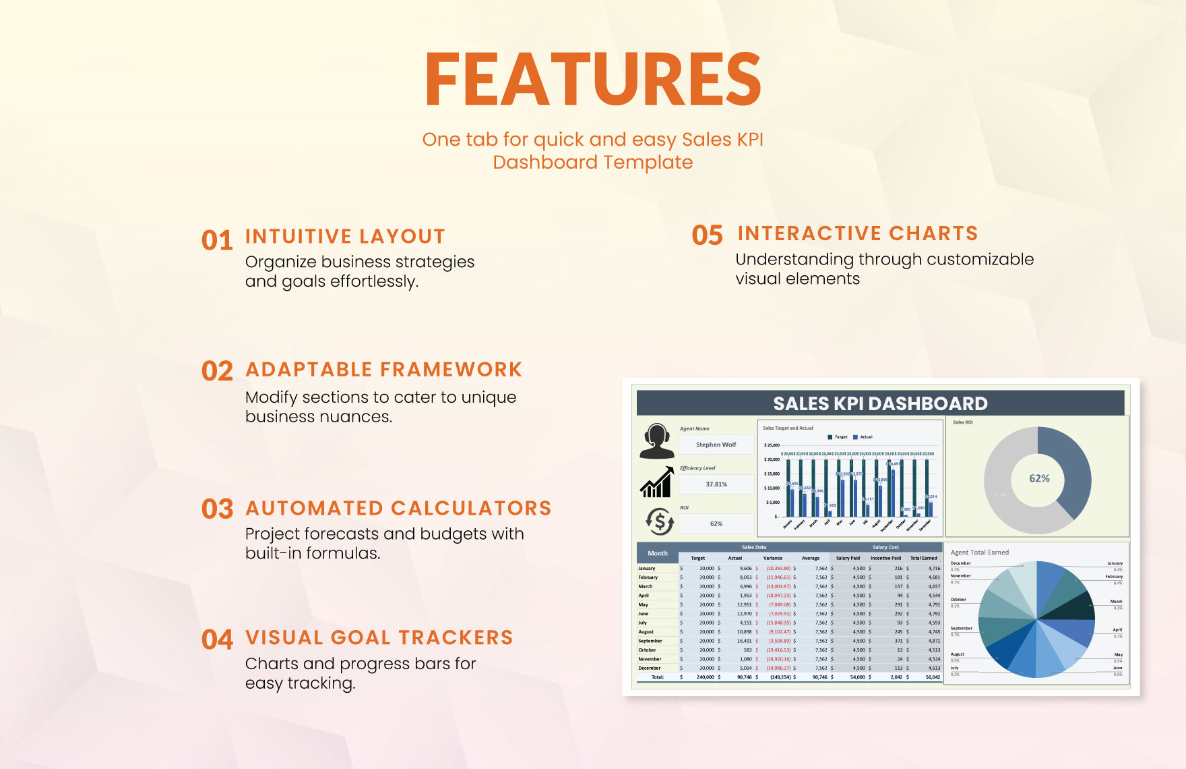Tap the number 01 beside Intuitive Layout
pyautogui.click(x=217, y=241)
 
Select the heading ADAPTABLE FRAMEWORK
pyautogui.click(x=383, y=370)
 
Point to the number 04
pyautogui.click(x=217, y=639)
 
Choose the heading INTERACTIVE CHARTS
pyautogui.click(x=857, y=233)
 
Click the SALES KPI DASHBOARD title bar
pyautogui.click(x=880, y=403)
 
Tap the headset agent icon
pyautogui.click(x=657, y=441)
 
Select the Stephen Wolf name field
pyautogui.click(x=716, y=445)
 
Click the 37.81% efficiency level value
pyautogui.click(x=716, y=484)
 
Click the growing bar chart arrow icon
pyautogui.click(x=657, y=482)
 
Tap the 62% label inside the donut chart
pyautogui.click(x=1039, y=478)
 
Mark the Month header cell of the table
pyautogui.click(x=658, y=553)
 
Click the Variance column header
pyautogui.click(x=772, y=558)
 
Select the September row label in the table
pyautogui.click(x=650, y=641)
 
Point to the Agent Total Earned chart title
pyautogui.click(x=979, y=552)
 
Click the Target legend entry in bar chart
pyautogui.click(x=838, y=437)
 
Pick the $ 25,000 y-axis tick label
pyautogui.click(x=772, y=445)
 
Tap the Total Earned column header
pyautogui.click(x=923, y=558)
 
